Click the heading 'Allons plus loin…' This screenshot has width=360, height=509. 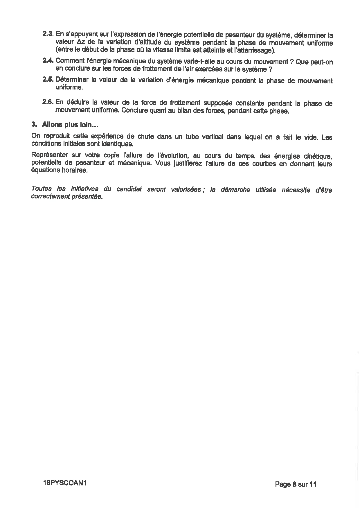pos(70,125)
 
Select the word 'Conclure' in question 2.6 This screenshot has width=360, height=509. pos(134,110)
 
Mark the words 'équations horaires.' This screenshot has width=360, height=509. pos(59,171)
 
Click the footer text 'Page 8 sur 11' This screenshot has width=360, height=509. pos(296,484)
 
